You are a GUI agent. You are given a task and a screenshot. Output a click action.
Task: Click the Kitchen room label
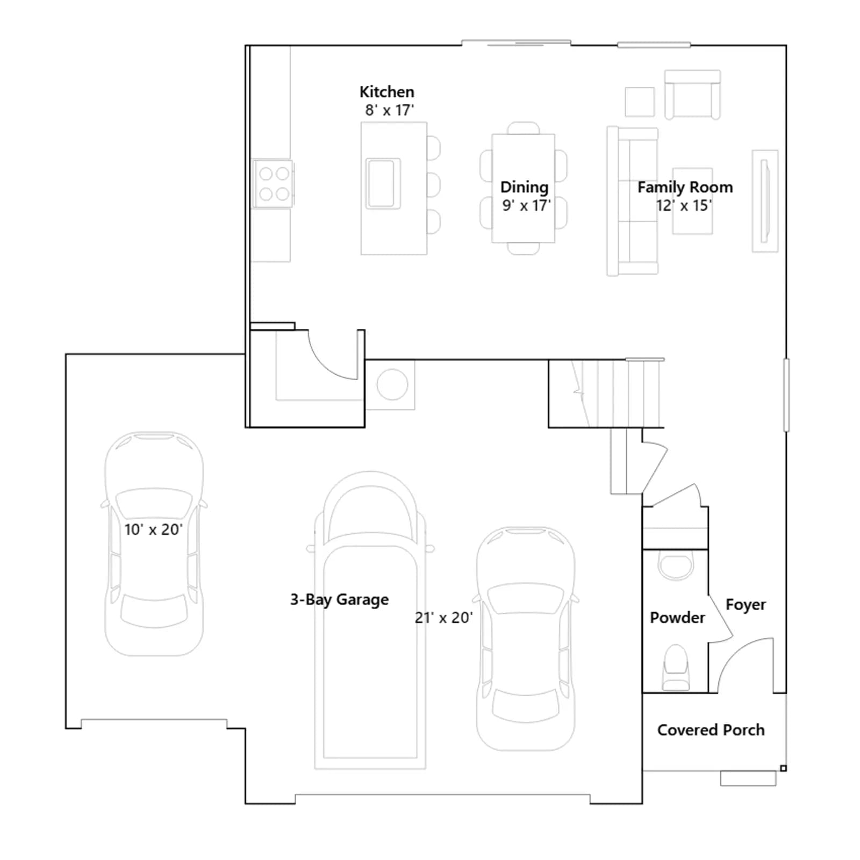point(386,92)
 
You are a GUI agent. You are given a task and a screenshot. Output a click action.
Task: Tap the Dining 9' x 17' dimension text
point(526,205)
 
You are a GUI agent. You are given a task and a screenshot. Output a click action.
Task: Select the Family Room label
point(685,187)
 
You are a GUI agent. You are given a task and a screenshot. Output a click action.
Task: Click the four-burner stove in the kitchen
point(274,183)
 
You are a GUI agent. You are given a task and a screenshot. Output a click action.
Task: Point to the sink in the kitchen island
point(383,183)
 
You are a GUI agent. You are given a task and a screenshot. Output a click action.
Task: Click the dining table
point(524,188)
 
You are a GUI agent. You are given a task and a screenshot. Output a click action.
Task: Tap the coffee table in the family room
point(692,201)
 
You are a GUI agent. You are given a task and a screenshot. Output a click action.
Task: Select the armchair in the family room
point(692,95)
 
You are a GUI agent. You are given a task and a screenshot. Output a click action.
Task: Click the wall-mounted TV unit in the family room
point(765,201)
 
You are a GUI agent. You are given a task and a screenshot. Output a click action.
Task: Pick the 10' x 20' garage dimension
point(154,529)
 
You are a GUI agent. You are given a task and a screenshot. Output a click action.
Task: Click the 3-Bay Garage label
point(339,599)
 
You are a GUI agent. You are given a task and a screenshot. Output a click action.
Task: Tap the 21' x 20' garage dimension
point(444,618)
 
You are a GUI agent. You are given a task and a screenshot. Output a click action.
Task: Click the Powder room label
point(677,618)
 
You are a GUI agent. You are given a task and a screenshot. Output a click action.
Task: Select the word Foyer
point(746,605)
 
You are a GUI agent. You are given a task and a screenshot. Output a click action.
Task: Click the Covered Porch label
point(711,730)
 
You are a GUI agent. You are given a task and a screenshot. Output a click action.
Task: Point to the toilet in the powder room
point(676,668)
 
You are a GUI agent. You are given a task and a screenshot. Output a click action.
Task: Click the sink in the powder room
point(676,565)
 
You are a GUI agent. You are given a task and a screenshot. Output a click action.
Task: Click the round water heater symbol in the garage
point(392,384)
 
